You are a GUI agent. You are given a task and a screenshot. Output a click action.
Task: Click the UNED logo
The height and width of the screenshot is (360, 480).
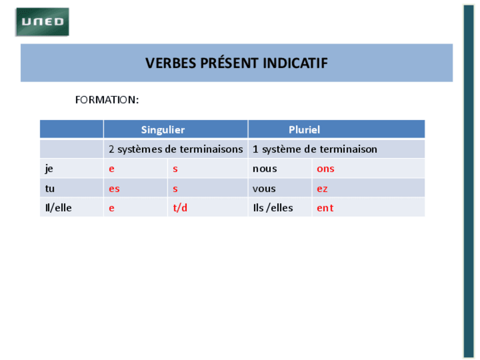click(42, 22)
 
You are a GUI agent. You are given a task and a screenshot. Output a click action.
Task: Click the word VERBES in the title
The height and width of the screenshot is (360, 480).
click(171, 63)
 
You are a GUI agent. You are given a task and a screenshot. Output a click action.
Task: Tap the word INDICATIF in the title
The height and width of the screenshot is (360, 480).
click(295, 63)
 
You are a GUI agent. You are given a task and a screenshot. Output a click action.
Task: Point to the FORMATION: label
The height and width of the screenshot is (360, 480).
click(107, 100)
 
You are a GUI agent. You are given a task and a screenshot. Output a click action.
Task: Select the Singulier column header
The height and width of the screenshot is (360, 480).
click(163, 130)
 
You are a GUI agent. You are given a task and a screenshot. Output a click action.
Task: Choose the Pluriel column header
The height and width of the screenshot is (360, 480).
click(305, 130)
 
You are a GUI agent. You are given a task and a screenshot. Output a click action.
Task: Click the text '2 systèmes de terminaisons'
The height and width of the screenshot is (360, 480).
click(175, 149)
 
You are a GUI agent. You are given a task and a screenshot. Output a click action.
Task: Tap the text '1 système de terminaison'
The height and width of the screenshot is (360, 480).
click(315, 149)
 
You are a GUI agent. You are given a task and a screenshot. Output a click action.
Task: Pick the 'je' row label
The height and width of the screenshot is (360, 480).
click(49, 169)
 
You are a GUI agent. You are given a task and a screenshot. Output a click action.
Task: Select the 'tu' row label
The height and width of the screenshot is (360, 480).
click(50, 188)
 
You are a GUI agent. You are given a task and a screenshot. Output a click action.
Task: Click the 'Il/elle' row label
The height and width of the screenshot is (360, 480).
click(58, 208)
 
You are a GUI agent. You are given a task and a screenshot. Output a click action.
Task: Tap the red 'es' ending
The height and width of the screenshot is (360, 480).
click(114, 189)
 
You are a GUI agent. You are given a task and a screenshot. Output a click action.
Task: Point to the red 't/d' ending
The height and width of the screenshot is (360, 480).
click(180, 208)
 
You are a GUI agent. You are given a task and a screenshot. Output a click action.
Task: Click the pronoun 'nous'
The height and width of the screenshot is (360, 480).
click(265, 169)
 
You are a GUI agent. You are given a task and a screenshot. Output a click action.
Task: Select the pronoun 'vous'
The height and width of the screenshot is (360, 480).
click(264, 189)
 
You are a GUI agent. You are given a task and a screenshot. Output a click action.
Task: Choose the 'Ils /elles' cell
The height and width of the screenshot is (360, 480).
click(273, 208)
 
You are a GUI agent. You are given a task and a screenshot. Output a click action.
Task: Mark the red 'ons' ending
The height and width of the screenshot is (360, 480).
click(325, 169)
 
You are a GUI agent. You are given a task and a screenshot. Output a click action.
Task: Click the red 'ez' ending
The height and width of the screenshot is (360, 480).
click(322, 189)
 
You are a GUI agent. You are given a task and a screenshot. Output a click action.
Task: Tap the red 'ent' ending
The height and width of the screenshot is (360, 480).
click(325, 208)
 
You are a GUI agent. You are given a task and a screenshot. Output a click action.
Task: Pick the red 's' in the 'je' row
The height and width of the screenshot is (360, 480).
click(175, 169)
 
